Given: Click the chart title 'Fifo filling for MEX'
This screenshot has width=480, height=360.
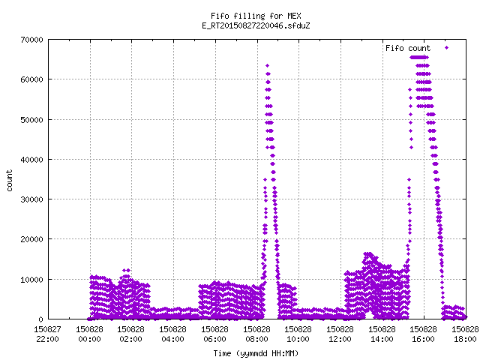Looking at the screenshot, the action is pyautogui.click(x=256, y=16).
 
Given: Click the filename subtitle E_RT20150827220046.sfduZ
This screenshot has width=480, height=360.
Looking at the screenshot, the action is pyautogui.click(x=256, y=25).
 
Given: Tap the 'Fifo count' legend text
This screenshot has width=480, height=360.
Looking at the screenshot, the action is pyautogui.click(x=408, y=48).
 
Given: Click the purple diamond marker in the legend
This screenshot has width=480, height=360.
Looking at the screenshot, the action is pyautogui.click(x=447, y=48).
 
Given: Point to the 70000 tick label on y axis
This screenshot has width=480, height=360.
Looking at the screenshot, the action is pyautogui.click(x=31, y=40).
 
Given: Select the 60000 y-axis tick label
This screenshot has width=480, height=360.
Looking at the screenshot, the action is pyautogui.click(x=31, y=79).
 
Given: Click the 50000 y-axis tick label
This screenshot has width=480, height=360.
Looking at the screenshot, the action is pyautogui.click(x=31, y=120).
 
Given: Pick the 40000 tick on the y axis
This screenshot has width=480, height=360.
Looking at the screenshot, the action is pyautogui.click(x=31, y=160).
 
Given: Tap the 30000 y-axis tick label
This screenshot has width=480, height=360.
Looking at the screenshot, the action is pyautogui.click(x=31, y=199).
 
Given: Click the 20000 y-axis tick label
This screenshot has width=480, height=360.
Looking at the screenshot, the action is pyautogui.click(x=31, y=239).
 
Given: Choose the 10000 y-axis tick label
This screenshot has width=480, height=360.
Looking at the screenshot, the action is pyautogui.click(x=31, y=280).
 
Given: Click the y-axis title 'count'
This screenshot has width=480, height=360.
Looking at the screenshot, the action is pyautogui.click(x=10, y=181).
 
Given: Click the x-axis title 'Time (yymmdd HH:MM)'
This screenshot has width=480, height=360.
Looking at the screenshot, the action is pyautogui.click(x=256, y=353).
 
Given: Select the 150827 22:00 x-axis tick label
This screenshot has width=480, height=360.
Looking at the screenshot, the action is pyautogui.click(x=47, y=334).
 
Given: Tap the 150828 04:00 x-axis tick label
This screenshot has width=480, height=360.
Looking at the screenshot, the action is pyautogui.click(x=173, y=334).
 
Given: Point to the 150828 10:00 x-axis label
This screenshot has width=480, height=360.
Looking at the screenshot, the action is pyautogui.click(x=298, y=334).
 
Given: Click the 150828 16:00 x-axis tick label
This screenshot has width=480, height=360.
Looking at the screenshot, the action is pyautogui.click(x=423, y=334).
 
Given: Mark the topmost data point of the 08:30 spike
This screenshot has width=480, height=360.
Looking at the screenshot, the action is pyautogui.click(x=267, y=65).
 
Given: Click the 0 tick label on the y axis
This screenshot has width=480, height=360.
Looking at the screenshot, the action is pyautogui.click(x=40, y=319).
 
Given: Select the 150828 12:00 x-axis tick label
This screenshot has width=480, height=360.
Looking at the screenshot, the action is pyautogui.click(x=340, y=334).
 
